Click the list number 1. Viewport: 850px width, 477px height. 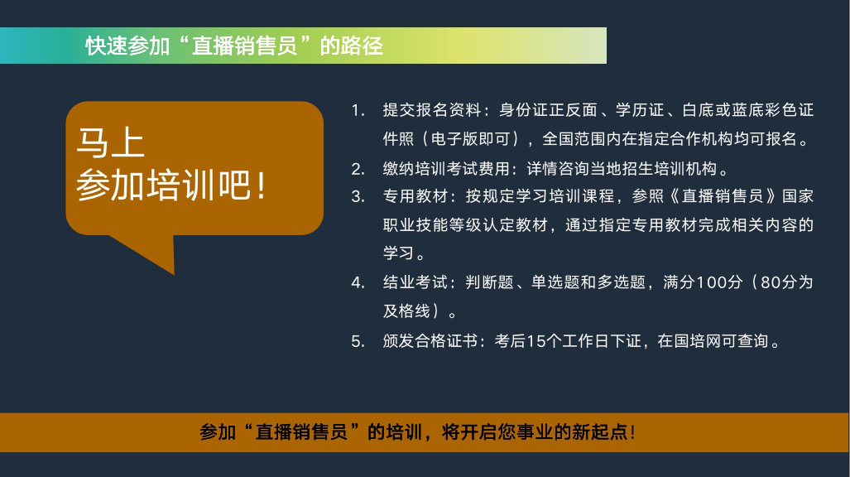tap(358, 111)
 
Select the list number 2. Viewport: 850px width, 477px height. tap(358, 169)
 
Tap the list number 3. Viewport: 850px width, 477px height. tap(358, 196)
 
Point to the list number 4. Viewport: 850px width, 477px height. tap(358, 282)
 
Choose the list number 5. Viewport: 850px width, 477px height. tap(358, 341)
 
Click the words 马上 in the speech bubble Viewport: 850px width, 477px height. tap(111, 142)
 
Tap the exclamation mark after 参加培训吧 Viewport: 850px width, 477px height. tap(262, 185)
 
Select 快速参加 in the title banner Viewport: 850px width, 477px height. tap(128, 46)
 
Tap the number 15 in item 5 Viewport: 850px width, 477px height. tap(535, 341)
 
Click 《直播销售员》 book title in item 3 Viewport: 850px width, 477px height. tap(723, 196)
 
